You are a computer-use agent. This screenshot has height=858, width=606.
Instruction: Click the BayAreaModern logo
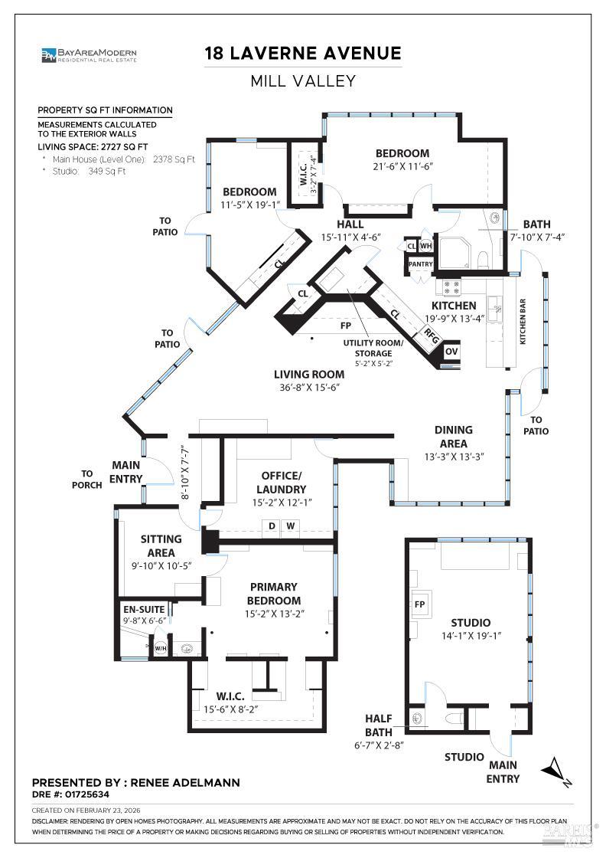(89, 54)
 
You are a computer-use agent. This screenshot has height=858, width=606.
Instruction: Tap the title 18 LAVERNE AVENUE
(303, 53)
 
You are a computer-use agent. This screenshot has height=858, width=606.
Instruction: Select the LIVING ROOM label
(309, 375)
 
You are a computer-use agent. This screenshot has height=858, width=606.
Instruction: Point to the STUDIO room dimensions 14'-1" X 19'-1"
(471, 636)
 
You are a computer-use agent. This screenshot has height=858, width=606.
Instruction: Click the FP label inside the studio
(419, 604)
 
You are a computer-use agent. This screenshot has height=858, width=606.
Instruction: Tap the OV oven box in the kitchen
(451, 352)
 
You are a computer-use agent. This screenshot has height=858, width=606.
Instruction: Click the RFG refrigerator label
(431, 336)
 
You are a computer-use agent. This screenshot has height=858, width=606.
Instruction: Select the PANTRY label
(421, 264)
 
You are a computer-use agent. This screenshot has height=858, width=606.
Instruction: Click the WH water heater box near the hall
(425, 246)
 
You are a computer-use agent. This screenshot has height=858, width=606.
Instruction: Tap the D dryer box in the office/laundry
(272, 526)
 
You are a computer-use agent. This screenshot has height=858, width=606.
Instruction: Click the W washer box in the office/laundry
(291, 526)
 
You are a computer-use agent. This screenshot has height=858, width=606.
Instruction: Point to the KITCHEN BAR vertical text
(523, 321)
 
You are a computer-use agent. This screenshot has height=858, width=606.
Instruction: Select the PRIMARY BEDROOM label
(274, 594)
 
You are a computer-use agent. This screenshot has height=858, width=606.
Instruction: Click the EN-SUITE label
(144, 610)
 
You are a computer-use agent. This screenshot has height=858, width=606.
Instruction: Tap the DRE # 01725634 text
(70, 794)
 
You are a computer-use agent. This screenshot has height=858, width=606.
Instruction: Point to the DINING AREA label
(454, 437)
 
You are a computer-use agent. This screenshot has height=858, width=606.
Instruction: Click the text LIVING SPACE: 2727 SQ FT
(93, 146)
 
